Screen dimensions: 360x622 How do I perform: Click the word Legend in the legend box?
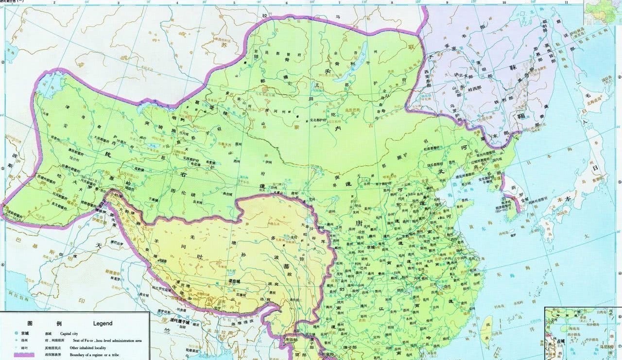click(103, 323)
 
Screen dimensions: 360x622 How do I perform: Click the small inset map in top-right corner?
click(602, 12)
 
